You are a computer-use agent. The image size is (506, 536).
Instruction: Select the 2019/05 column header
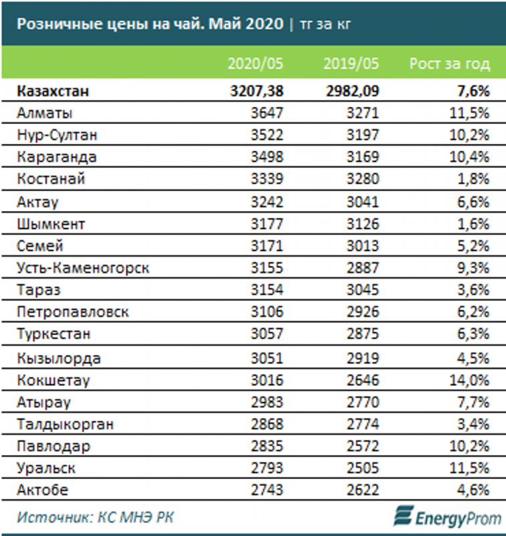[351, 64]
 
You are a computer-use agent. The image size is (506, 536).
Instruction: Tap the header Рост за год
[449, 64]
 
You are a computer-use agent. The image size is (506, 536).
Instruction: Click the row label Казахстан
[53, 92]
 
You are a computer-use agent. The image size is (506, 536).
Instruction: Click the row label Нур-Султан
[58, 135]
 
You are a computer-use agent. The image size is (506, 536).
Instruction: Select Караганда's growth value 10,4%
[469, 157]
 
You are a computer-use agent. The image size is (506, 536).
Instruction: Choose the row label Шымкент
[52, 224]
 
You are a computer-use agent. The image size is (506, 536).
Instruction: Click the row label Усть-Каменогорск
[83, 269]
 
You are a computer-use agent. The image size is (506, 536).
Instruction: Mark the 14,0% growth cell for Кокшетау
[469, 380]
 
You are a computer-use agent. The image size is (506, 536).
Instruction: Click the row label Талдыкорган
[66, 424]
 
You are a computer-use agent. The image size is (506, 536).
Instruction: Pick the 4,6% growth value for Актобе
[473, 490]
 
